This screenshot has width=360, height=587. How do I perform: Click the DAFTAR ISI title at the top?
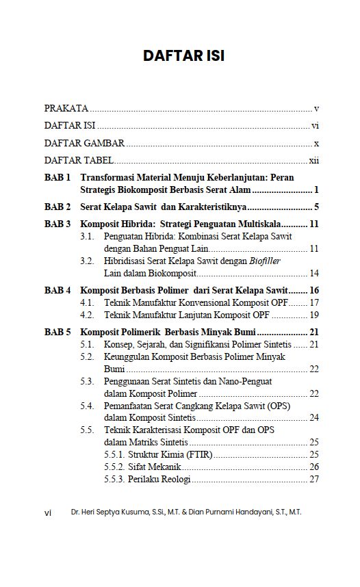[183, 56]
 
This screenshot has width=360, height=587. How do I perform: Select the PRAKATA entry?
[66, 108]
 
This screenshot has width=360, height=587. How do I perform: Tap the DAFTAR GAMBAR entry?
[84, 143]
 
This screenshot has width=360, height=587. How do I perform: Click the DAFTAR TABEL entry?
[79, 161]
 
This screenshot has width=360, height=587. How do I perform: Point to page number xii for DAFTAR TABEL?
[314, 161]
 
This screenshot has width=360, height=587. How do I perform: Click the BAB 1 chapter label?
[58, 177]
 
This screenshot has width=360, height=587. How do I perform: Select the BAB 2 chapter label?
[58, 206]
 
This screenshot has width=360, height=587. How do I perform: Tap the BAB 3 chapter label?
[58, 224]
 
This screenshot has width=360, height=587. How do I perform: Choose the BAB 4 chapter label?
[58, 290]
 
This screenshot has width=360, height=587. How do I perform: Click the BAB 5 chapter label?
[58, 332]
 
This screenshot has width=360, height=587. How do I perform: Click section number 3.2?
[87, 261]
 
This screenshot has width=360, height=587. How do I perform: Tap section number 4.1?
[87, 302]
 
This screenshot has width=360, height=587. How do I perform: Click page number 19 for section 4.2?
[314, 315]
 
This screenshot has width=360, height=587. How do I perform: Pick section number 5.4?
[87, 406]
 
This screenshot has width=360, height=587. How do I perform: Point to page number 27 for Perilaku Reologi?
[314, 479]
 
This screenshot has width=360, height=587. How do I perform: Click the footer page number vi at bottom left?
[48, 512]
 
